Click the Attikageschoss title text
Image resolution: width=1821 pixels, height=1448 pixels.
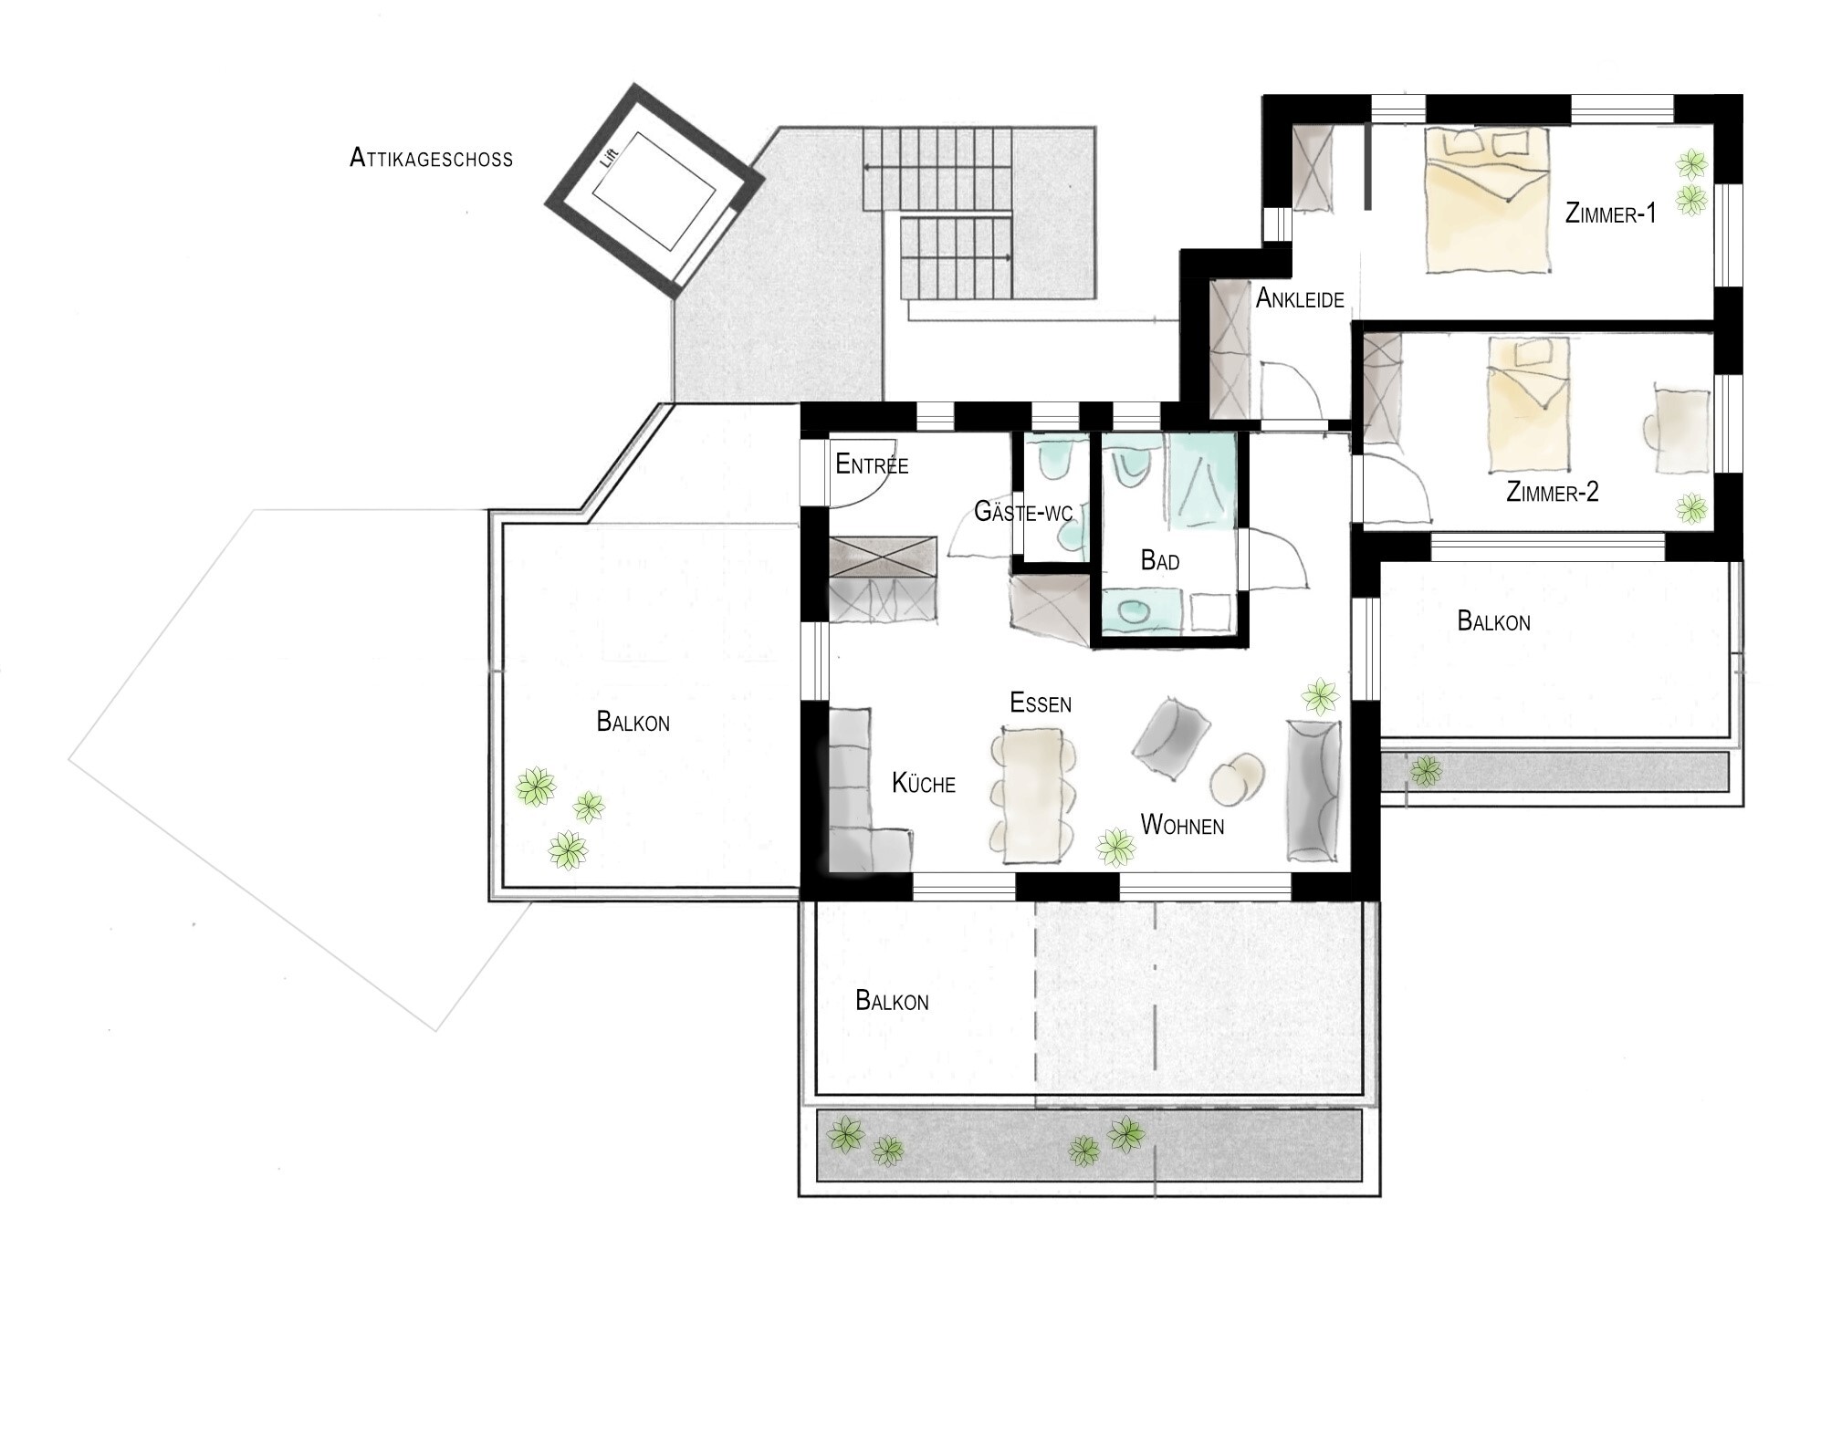(431, 159)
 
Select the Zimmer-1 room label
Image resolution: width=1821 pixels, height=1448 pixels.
(1610, 214)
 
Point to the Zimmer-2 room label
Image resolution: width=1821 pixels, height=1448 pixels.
(1552, 493)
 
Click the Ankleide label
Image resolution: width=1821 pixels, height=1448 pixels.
(1300, 298)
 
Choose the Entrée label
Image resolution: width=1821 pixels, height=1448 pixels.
(872, 464)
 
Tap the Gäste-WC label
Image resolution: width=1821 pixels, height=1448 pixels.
(1023, 511)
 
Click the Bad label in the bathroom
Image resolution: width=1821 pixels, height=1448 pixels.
(1160, 560)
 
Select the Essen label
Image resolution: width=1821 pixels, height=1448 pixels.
(1041, 703)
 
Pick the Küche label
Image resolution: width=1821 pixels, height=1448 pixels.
(924, 783)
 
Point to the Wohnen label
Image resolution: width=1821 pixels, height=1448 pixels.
(1182, 825)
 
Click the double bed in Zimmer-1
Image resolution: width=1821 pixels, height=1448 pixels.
(1487, 201)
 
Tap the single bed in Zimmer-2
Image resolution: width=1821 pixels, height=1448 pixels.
(1528, 404)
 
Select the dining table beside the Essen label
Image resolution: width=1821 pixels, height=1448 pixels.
(1034, 794)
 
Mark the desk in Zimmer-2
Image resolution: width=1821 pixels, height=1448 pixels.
(1680, 431)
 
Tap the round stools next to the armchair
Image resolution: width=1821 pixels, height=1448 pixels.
(1238, 778)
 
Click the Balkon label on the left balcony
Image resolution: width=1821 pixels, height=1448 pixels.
(633, 722)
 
